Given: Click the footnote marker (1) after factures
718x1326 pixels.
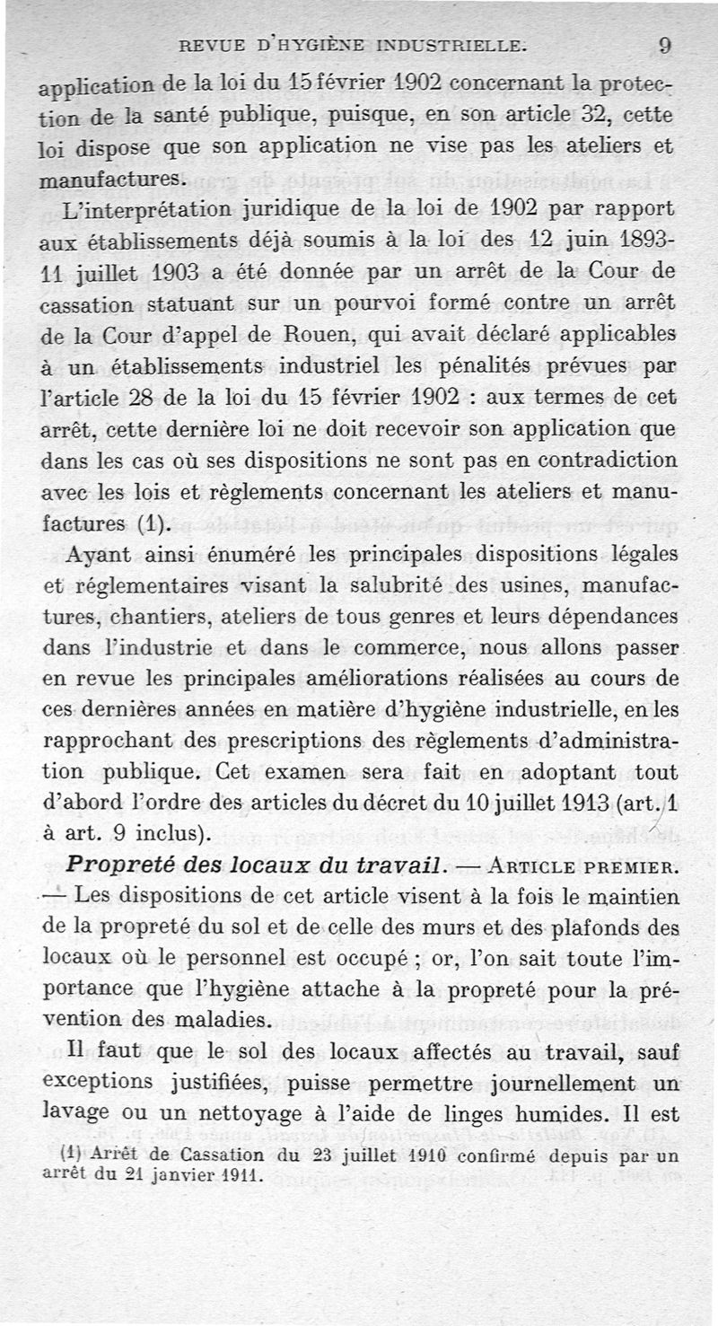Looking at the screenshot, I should [157, 523].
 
